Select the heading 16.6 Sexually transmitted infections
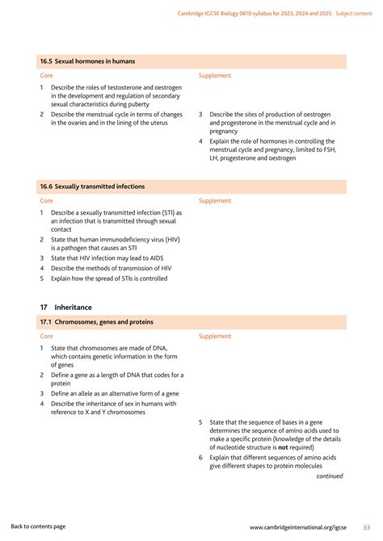(x=92, y=187)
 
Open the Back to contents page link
(x=38, y=526)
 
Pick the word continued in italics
(x=329, y=476)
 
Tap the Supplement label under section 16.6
(x=215, y=200)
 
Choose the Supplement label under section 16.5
(x=215, y=75)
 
